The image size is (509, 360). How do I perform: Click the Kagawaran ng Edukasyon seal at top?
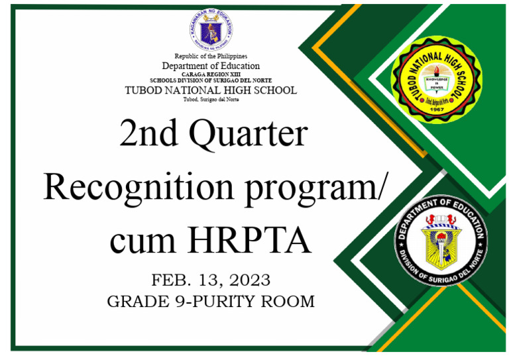[210, 29]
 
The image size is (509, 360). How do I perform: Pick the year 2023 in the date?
[246, 278]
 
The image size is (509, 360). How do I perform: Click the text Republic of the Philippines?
[211, 56]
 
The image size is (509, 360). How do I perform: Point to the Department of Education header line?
[211, 66]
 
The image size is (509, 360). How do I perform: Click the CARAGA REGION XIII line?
[211, 74]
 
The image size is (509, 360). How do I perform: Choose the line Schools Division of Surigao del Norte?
[211, 80]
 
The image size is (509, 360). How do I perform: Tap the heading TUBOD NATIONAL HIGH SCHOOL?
[211, 90]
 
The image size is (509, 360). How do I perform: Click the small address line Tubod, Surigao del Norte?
[211, 99]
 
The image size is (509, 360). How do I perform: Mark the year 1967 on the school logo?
[436, 109]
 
